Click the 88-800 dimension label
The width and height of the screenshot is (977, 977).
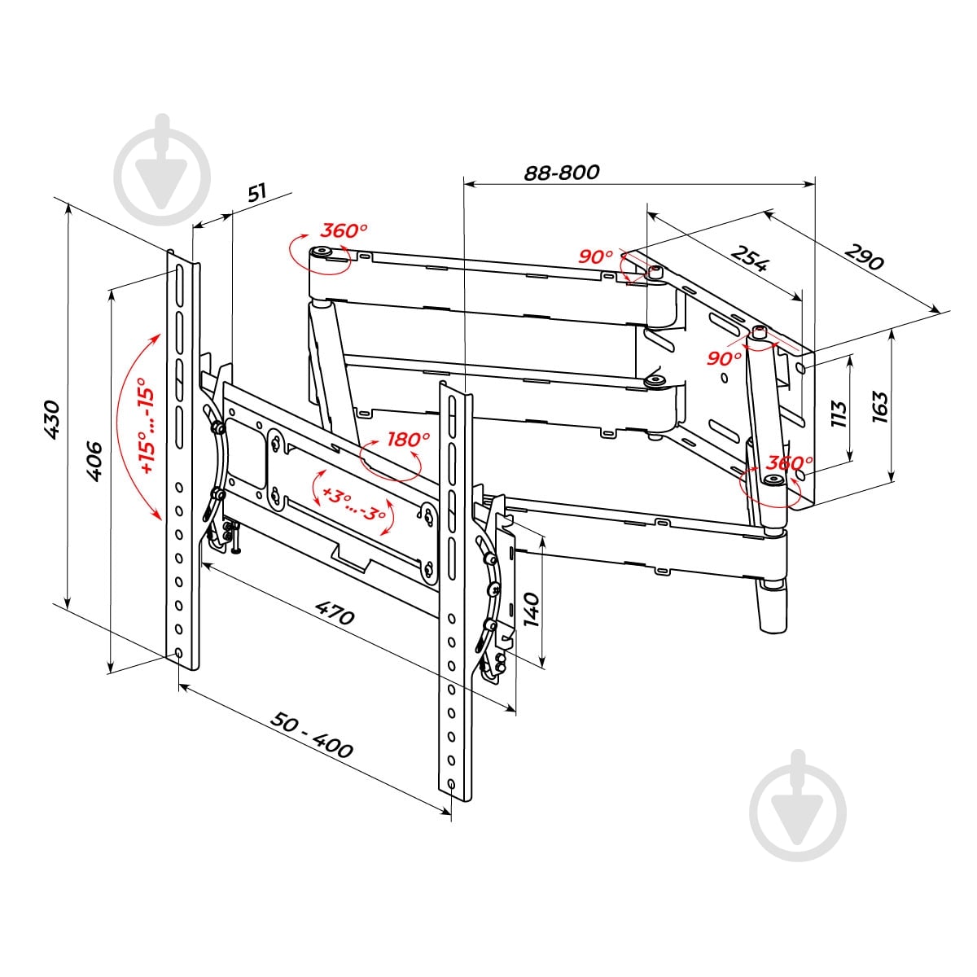click(561, 173)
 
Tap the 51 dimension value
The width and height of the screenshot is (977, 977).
click(257, 193)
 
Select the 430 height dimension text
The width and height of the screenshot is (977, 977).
click(52, 419)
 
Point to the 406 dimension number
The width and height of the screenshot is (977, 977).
click(94, 461)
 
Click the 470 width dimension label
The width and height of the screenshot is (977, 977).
click(335, 612)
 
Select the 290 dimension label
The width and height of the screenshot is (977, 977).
click(865, 258)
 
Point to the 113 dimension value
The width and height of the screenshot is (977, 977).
click(839, 414)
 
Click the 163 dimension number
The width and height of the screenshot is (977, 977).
click(880, 407)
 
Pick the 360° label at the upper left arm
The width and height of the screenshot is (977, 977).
click(344, 230)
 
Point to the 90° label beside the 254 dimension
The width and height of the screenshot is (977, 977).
click(596, 256)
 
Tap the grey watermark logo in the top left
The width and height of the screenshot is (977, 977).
click(162, 169)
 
